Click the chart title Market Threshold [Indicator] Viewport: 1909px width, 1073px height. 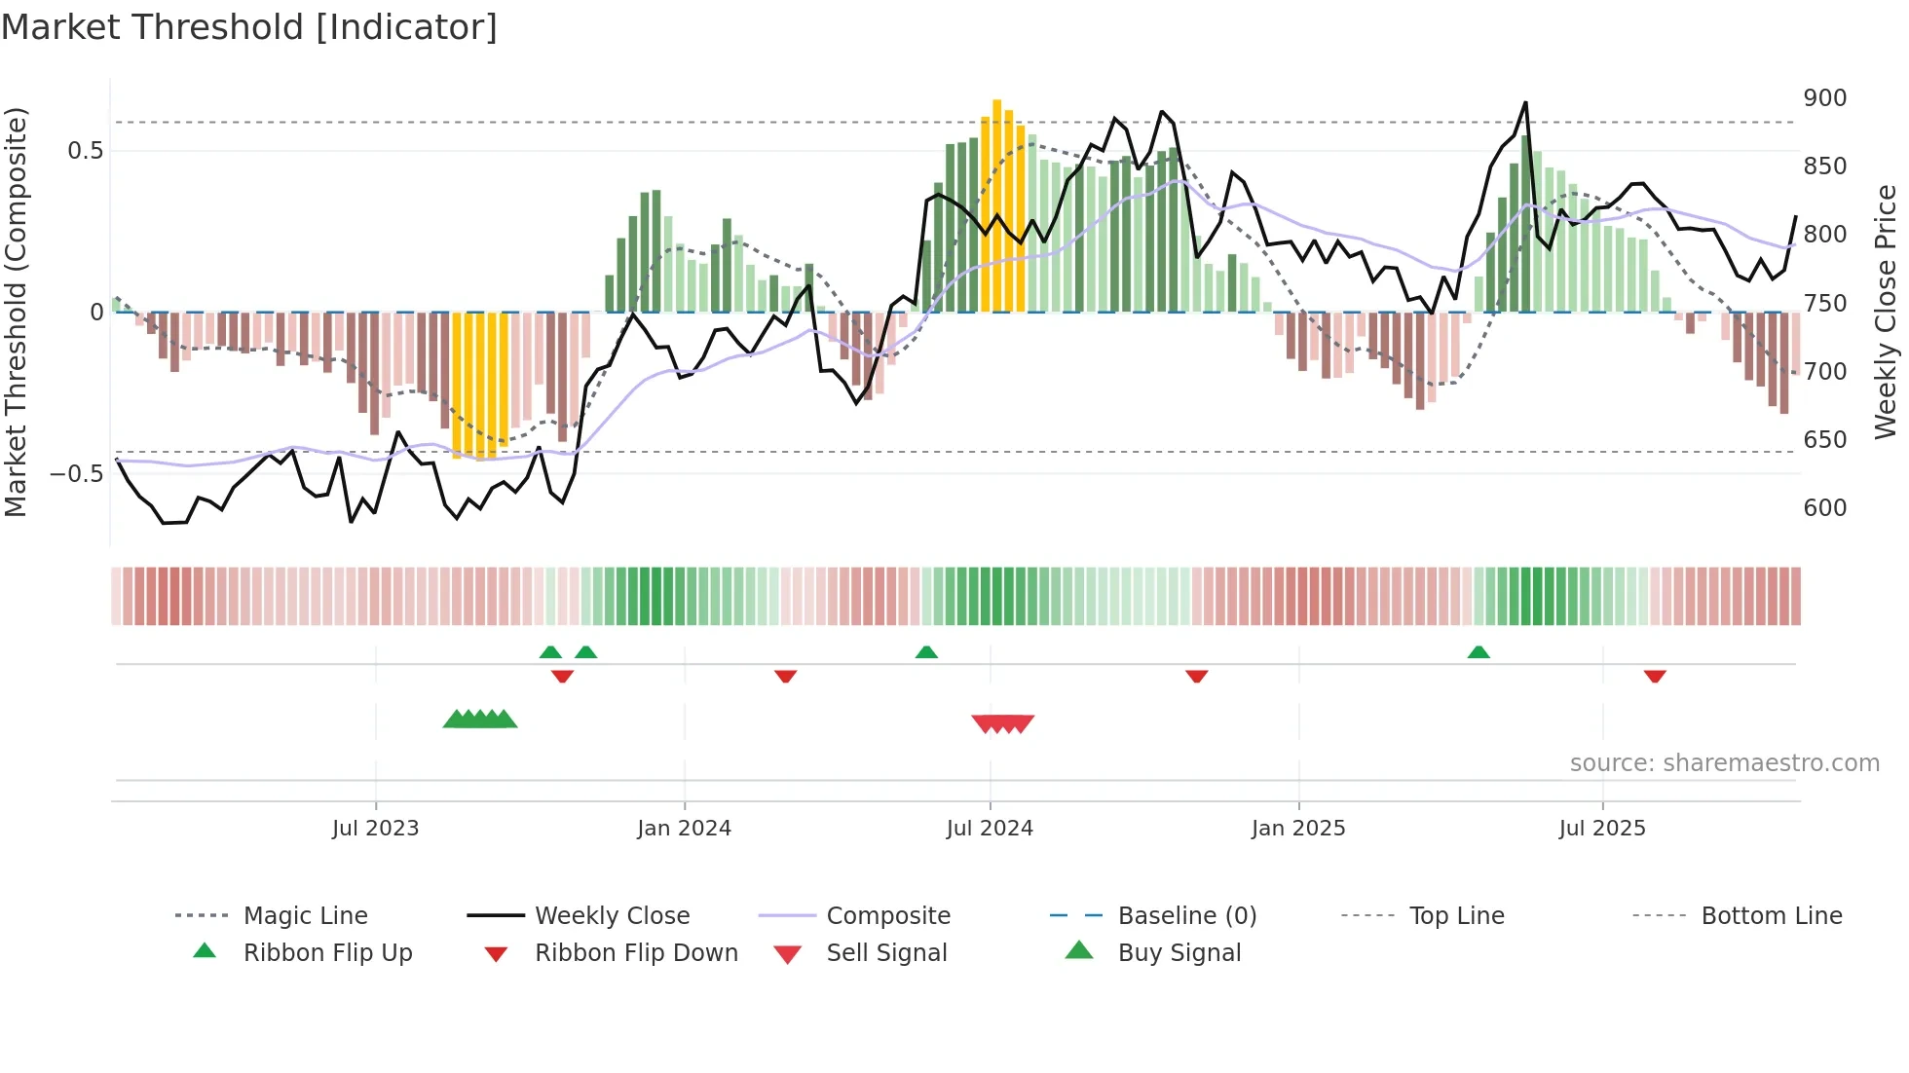point(249,27)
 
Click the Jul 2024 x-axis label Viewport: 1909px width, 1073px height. point(990,829)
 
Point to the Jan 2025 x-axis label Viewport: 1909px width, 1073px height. point(1298,829)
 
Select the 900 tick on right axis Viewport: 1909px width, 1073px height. point(1824,98)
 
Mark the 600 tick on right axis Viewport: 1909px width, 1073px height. point(1824,508)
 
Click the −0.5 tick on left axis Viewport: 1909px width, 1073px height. point(76,474)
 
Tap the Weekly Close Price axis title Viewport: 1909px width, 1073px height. point(1886,312)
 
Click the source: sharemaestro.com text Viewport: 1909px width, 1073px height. point(1724,763)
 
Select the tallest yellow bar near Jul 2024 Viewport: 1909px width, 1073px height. point(996,204)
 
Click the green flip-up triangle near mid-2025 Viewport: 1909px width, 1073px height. point(1479,652)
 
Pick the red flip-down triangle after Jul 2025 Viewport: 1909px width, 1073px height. point(1655,676)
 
